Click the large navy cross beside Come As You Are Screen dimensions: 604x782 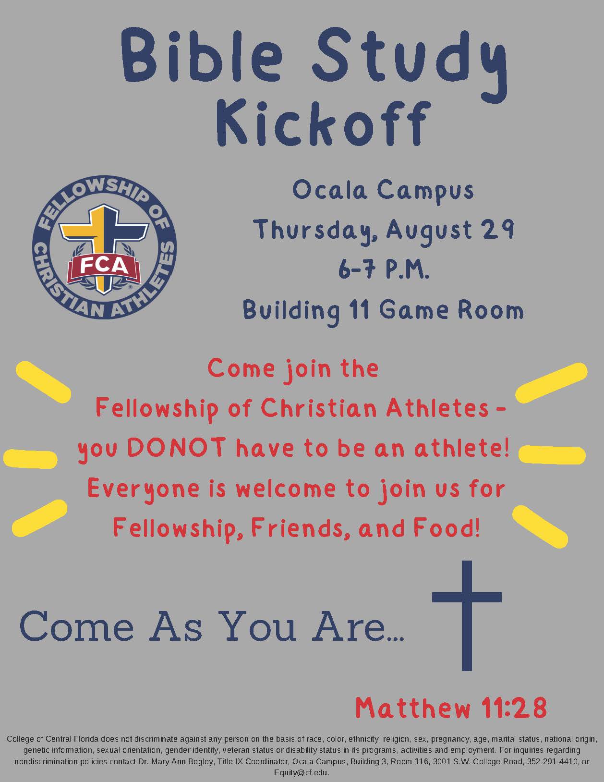click(x=467, y=615)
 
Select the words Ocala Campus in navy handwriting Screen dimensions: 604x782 click(x=383, y=191)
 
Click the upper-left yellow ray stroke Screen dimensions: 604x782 click(x=43, y=382)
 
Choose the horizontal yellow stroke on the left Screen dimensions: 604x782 click(x=30, y=459)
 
